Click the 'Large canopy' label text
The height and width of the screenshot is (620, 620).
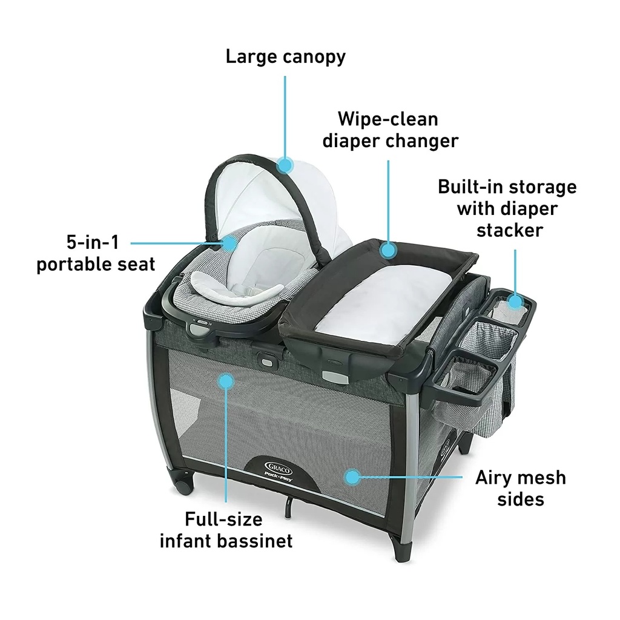coord(285,57)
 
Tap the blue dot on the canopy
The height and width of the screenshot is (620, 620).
coord(285,163)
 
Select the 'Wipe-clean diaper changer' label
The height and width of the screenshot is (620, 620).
coord(389,129)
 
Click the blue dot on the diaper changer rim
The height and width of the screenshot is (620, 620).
coord(388,249)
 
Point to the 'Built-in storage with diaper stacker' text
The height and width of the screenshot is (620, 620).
coord(507,208)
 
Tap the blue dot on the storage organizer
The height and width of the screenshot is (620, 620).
coord(515,301)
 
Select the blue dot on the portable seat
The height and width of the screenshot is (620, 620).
coord(230,243)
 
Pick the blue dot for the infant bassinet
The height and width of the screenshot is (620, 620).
coord(226,381)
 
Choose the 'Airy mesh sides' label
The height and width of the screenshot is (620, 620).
coord(520,488)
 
